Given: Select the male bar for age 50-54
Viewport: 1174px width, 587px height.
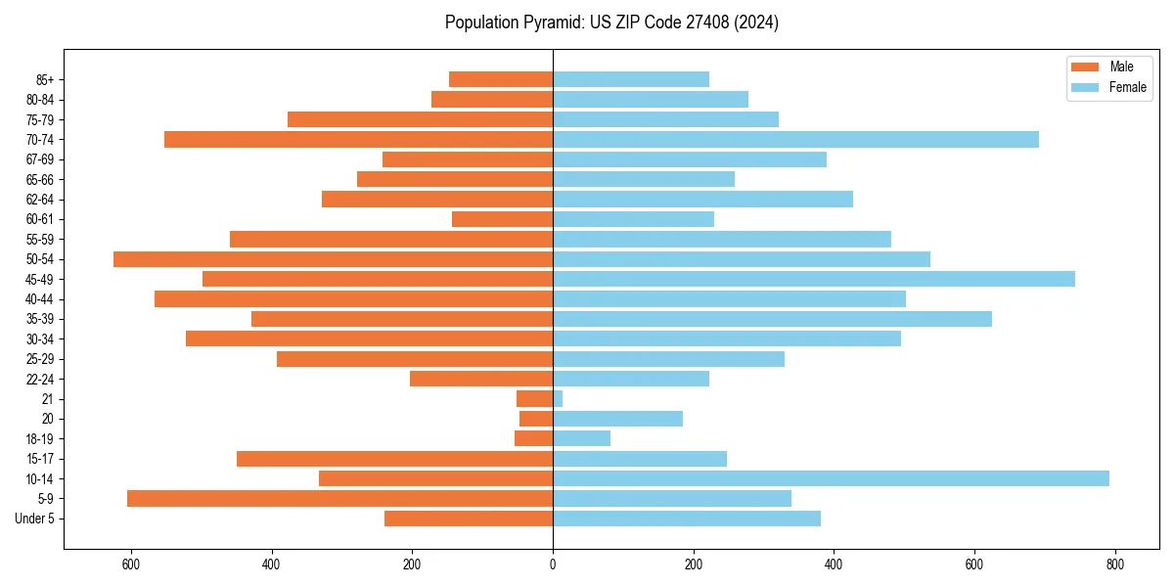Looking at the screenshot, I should click(x=333, y=259).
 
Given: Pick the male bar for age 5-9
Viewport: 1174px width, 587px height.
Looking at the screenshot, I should click(x=339, y=498).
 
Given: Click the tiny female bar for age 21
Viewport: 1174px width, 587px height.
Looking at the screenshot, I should click(x=558, y=398).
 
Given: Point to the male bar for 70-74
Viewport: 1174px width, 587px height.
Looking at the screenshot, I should click(x=358, y=139).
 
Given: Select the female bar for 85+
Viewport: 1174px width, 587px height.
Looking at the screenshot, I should click(x=631, y=79).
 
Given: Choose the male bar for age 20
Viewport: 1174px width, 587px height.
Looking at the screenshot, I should click(x=536, y=419).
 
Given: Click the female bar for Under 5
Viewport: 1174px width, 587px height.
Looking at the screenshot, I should click(x=687, y=519).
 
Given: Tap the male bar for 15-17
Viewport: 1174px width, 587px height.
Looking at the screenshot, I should click(x=394, y=459).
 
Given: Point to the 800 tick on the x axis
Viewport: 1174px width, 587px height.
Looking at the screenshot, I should click(x=1114, y=564).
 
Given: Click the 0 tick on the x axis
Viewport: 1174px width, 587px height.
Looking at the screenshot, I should click(x=553, y=564).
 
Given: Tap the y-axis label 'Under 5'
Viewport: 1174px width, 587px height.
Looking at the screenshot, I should click(x=35, y=519).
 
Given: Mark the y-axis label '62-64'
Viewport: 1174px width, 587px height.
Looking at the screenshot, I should click(x=40, y=200).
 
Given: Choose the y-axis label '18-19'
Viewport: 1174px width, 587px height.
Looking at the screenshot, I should click(x=40, y=439).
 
